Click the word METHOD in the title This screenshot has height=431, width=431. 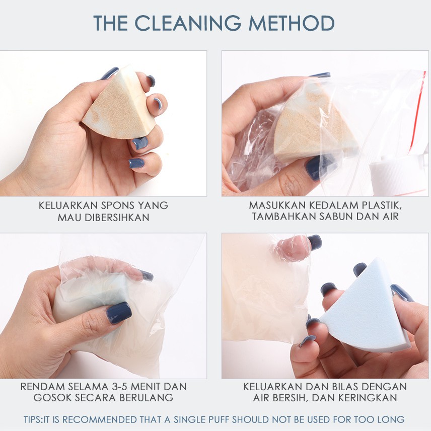(x=293, y=24)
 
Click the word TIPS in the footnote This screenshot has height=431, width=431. (x=34, y=419)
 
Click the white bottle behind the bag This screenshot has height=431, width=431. (x=398, y=174)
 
